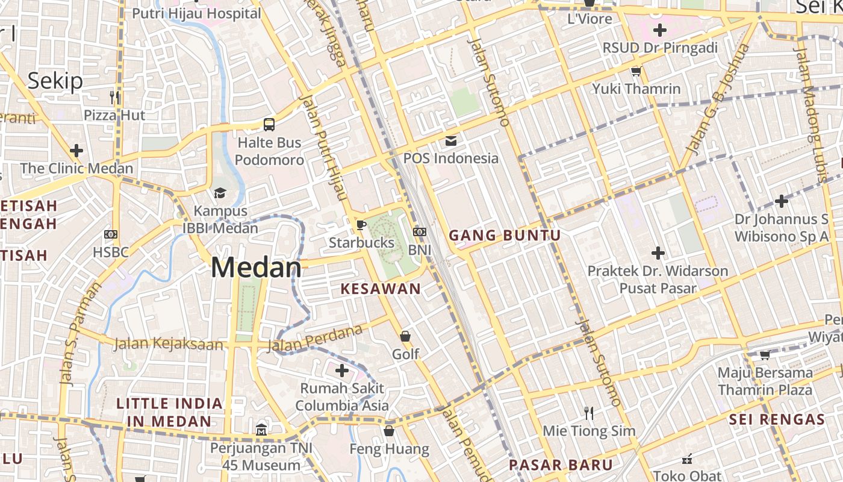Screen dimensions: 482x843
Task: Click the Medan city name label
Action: click(x=256, y=268)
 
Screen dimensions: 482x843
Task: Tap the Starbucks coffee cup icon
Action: click(x=361, y=225)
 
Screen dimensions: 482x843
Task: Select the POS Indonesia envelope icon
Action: click(x=450, y=141)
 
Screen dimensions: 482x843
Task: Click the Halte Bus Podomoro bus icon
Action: click(x=269, y=125)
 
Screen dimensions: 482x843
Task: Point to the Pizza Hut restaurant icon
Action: click(x=114, y=97)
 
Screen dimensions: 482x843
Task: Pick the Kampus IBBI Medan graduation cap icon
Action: click(x=220, y=193)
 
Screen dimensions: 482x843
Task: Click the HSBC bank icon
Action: click(x=111, y=234)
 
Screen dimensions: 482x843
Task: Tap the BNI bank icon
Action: click(x=420, y=232)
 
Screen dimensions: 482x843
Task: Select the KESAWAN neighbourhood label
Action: click(x=381, y=289)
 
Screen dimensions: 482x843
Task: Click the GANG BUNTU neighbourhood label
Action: click(x=505, y=236)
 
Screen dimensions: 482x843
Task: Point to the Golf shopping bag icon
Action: click(x=406, y=336)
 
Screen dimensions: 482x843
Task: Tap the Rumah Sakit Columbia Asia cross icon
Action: click(x=342, y=370)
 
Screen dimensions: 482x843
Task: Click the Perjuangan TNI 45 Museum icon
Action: click(x=261, y=430)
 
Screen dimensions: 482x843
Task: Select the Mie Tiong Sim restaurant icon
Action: click(x=589, y=413)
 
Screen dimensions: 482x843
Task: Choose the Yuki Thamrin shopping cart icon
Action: click(x=636, y=72)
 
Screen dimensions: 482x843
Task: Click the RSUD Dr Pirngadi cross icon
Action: click(x=660, y=30)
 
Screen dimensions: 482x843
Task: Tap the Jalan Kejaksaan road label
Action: click(x=169, y=345)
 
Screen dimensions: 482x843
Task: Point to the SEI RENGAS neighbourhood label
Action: click(x=777, y=419)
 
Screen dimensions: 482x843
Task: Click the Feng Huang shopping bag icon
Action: click(x=389, y=431)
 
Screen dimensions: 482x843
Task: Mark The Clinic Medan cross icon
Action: click(x=76, y=150)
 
